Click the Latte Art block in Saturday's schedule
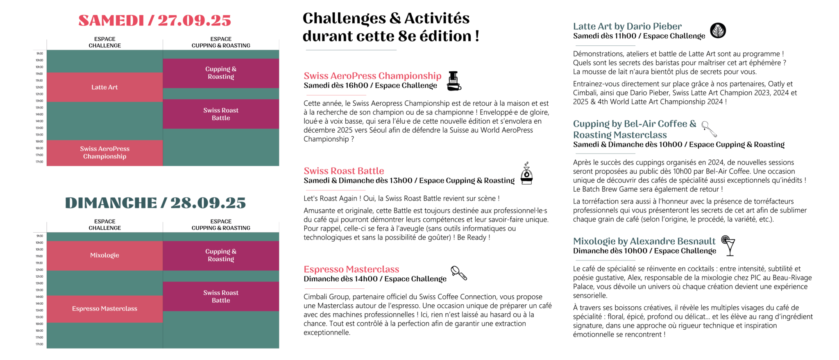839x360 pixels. coord(104,87)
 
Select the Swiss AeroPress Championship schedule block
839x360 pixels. coord(104,153)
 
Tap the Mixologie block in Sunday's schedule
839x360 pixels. coord(104,256)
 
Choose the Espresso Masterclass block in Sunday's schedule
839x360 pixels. coord(104,309)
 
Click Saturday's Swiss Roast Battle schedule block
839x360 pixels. coord(221,114)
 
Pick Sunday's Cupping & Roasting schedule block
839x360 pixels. coord(221,256)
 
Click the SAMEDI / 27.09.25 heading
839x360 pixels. coord(154,20)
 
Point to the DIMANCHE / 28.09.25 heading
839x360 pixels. coord(155,203)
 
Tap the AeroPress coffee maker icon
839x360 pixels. coord(454,81)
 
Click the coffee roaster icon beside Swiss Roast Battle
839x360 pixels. coord(526,174)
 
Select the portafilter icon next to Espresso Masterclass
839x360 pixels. coord(458,273)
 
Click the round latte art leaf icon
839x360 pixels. coord(718,31)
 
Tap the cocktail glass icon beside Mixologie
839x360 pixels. coord(728,245)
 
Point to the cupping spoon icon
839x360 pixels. coord(709,129)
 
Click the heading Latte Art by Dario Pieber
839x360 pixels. coord(627,26)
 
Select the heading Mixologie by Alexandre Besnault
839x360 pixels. coord(644,241)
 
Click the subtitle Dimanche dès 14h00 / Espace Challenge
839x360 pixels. coord(375,279)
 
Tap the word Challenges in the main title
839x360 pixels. coord(344,18)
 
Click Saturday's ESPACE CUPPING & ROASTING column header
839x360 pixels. coord(221,42)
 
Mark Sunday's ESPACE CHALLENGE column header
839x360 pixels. coord(104,224)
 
